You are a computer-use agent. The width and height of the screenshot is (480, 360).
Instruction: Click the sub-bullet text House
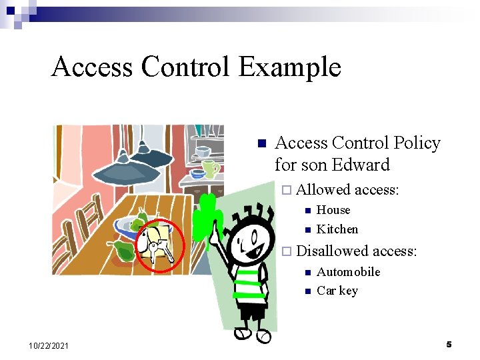coord(333,210)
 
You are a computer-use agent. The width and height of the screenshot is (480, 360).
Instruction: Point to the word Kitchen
coord(337,229)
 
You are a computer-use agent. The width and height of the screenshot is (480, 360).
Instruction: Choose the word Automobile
coord(348,271)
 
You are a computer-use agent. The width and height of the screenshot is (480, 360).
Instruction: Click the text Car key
coord(337,291)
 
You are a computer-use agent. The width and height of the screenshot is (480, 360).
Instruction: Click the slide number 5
coord(449,344)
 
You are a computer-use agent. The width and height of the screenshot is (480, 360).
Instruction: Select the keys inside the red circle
coord(160,249)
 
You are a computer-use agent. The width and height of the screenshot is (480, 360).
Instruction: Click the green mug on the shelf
coord(210,169)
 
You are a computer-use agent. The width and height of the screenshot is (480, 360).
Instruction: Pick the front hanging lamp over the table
coord(127,170)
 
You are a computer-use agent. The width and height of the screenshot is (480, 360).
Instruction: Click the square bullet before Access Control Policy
coord(261,144)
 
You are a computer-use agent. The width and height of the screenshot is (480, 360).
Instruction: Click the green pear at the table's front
coord(123,251)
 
